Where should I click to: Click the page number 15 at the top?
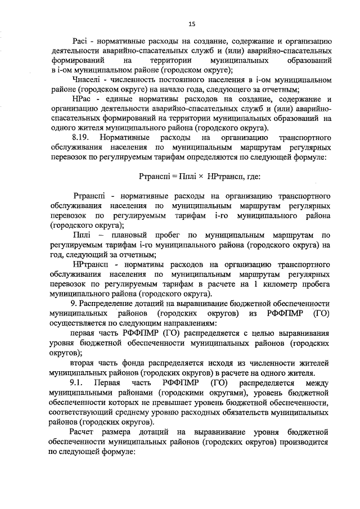191,23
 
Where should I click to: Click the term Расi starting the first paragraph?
82,41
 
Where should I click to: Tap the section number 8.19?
81,137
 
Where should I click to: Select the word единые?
119,99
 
